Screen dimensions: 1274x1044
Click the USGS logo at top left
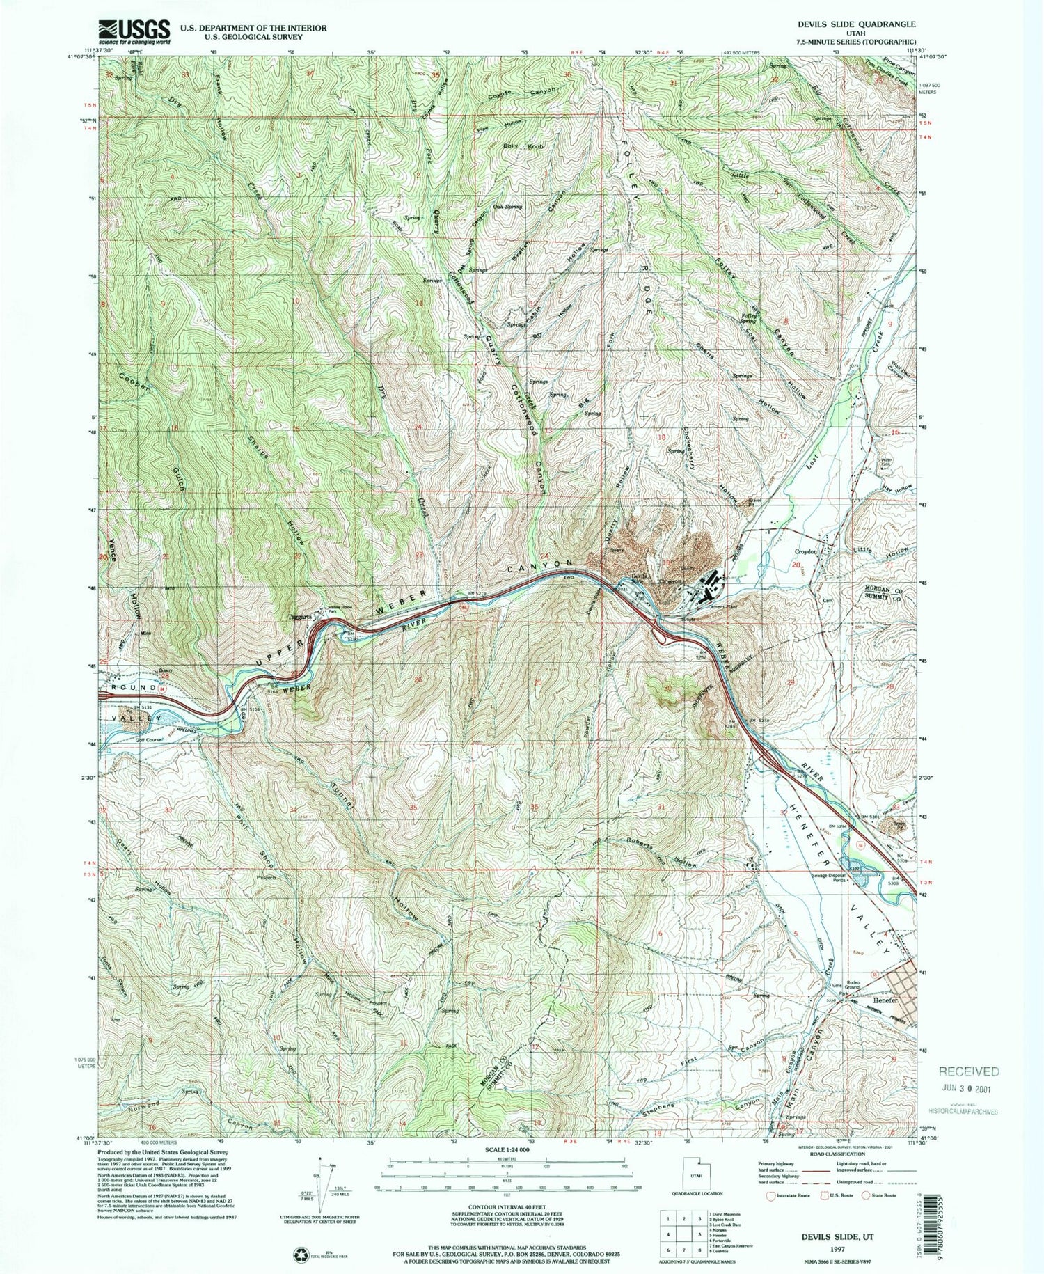tap(135, 31)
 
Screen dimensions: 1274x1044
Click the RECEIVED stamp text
tap(968, 1071)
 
